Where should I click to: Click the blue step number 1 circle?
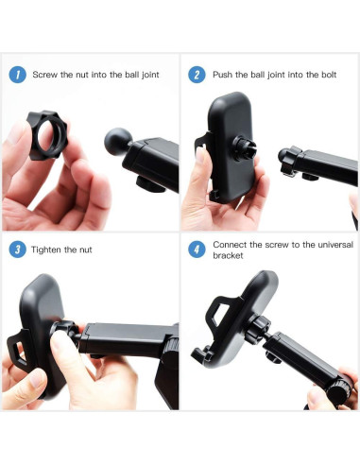(x=17, y=74)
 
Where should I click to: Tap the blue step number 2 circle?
(x=197, y=74)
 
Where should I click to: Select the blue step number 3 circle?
(x=17, y=250)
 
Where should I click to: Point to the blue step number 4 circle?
(x=197, y=250)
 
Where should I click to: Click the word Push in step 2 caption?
(x=223, y=74)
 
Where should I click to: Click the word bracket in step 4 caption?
(x=228, y=256)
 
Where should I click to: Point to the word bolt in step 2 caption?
(x=322, y=74)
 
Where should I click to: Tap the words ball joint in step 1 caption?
(x=137, y=74)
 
